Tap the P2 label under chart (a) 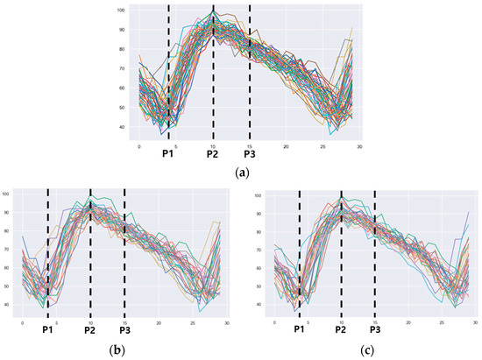click(x=212, y=152)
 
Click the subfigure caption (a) click(x=242, y=173)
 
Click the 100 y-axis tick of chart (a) click(x=122, y=11)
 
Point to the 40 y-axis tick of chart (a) click(x=124, y=128)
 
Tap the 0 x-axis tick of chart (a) click(x=138, y=145)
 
